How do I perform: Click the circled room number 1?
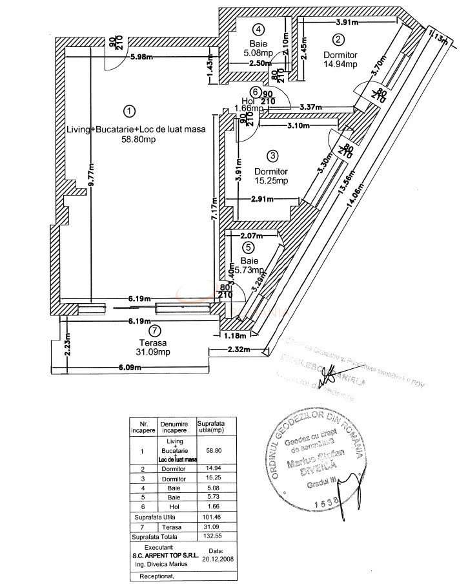pyautogui.click(x=130, y=111)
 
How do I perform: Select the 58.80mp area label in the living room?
pyautogui.click(x=136, y=139)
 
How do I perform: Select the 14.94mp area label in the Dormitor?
pyautogui.click(x=340, y=65)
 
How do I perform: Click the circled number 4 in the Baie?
pyautogui.click(x=258, y=29)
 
